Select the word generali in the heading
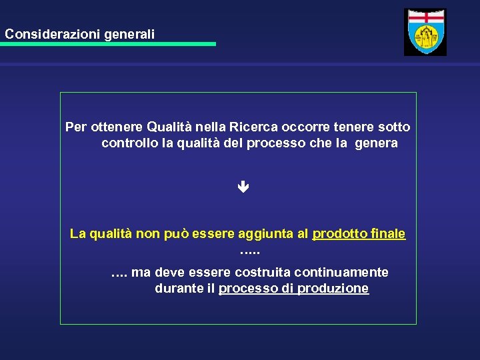pyautogui.click(x=129, y=33)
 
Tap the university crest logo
pyautogui.click(x=425, y=32)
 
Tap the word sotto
pyautogui.click(x=394, y=127)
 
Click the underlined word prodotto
pyautogui.click(x=338, y=234)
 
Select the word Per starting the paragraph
pyautogui.click(x=75, y=127)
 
